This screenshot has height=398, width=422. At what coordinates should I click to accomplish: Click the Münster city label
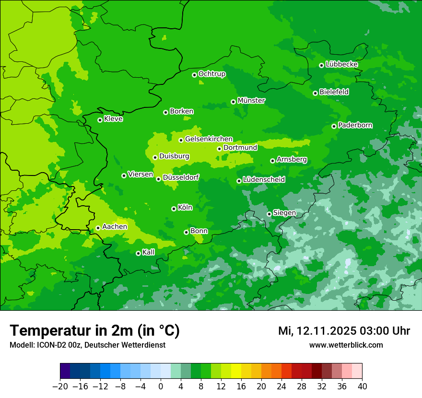pyautogui.click(x=251, y=101)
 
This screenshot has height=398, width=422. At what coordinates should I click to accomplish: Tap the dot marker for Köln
pyautogui.click(x=174, y=209)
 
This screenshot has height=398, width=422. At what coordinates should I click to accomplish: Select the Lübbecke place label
pyautogui.click(x=341, y=64)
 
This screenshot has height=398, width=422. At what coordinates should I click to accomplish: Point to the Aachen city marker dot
pyautogui.click(x=98, y=228)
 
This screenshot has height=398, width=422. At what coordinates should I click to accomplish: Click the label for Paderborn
pyautogui.click(x=355, y=125)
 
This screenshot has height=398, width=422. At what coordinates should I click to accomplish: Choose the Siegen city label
pyautogui.click(x=284, y=213)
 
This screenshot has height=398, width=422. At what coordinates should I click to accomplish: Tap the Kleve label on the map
pyautogui.click(x=113, y=119)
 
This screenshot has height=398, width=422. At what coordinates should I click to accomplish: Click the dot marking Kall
pyautogui.click(x=138, y=253)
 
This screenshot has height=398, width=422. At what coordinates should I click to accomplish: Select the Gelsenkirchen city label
pyautogui.click(x=209, y=139)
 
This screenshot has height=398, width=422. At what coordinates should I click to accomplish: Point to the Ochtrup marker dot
pyautogui.click(x=194, y=75)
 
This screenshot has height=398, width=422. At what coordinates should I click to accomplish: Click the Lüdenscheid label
pyautogui.click(x=264, y=180)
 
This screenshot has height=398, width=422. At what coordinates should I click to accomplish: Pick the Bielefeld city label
pyautogui.click(x=334, y=92)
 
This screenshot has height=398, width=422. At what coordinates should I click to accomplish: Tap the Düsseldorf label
pyautogui.click(x=181, y=178)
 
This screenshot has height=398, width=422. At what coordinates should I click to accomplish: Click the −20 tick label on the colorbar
pyautogui.click(x=60, y=386)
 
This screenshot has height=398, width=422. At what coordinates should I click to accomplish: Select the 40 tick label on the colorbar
pyautogui.click(x=362, y=386)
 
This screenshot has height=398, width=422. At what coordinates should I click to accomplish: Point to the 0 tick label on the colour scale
pyautogui.click(x=161, y=386)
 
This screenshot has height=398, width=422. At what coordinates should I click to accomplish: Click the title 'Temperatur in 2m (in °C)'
pyautogui.click(x=94, y=331)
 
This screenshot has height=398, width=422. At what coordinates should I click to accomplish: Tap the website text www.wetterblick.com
pyautogui.click(x=346, y=345)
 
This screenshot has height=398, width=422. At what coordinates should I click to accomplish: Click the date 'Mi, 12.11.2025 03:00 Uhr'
pyautogui.click(x=344, y=331)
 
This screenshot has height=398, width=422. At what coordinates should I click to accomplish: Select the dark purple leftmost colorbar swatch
pyautogui.click(x=65, y=371)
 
